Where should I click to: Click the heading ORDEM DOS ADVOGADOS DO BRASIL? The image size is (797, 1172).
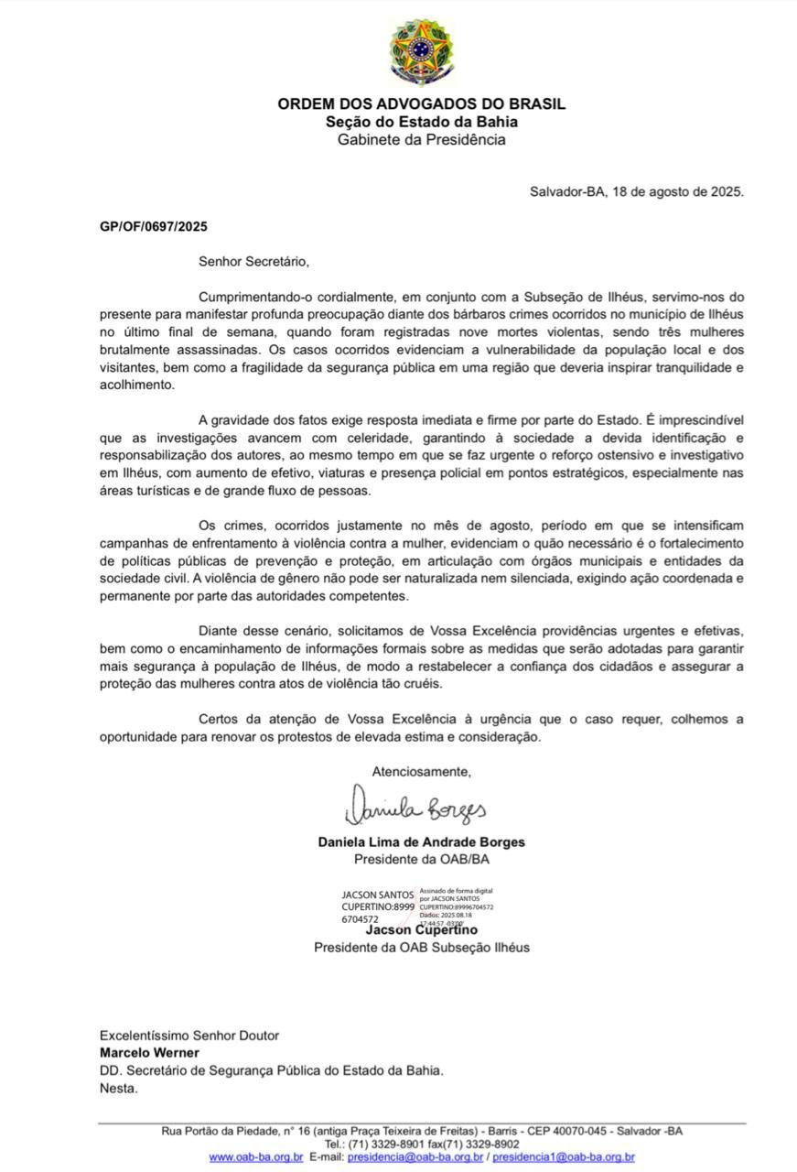(x=421, y=104)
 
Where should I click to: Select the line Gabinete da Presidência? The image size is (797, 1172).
(x=421, y=140)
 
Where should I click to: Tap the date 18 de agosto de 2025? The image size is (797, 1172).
(x=677, y=192)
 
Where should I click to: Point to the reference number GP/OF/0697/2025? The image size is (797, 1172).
(x=154, y=227)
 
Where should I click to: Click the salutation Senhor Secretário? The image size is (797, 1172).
(x=253, y=262)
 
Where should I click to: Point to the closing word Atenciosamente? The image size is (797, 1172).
(x=421, y=772)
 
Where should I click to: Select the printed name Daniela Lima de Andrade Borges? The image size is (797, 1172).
(x=421, y=842)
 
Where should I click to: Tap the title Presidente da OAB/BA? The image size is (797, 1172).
(x=421, y=860)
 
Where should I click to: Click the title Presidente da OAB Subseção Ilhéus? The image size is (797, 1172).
(x=421, y=948)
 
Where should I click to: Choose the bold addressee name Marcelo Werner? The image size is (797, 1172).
(x=149, y=1053)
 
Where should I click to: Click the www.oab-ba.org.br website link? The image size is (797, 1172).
(x=256, y=1157)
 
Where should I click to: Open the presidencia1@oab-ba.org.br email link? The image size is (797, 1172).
(x=564, y=1157)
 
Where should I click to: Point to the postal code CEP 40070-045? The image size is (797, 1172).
(x=548, y=1132)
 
